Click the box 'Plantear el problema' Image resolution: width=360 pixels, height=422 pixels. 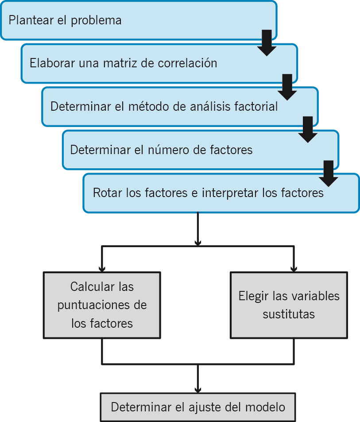pyautogui.click(x=133, y=20)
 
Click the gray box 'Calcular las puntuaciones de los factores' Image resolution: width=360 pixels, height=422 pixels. pyautogui.click(x=102, y=305)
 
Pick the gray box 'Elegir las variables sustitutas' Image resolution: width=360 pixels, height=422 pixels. pyautogui.click(x=289, y=305)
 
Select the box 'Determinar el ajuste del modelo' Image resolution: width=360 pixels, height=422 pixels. pyautogui.click(x=197, y=407)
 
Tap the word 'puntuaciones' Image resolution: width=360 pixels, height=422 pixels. pyautogui.click(x=102, y=305)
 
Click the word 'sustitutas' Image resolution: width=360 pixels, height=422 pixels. pyautogui.click(x=289, y=314)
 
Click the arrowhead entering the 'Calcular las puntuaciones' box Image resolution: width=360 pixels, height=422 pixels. pyautogui.click(x=102, y=268)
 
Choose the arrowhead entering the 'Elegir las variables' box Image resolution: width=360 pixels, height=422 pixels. pyautogui.click(x=293, y=268)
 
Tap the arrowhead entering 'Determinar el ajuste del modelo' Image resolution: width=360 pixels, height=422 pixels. pyautogui.click(x=197, y=389)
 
